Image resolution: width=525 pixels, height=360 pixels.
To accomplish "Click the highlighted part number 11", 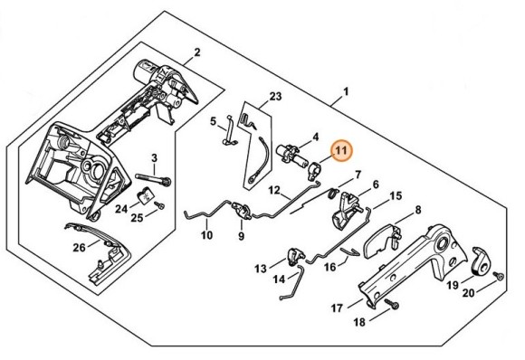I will [342, 150].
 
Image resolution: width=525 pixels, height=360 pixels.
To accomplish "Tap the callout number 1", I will [345, 92].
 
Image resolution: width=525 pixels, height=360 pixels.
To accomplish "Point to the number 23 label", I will [276, 95].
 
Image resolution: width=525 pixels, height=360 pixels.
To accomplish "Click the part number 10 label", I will [207, 236].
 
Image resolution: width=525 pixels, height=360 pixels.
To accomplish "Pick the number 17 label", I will [336, 308].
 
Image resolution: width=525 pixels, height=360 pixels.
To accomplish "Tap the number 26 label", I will [79, 247].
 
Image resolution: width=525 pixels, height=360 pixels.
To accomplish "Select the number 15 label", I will [396, 195].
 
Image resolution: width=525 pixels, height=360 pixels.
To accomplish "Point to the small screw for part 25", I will [159, 206].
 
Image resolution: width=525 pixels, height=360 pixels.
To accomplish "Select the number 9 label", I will [242, 237].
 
